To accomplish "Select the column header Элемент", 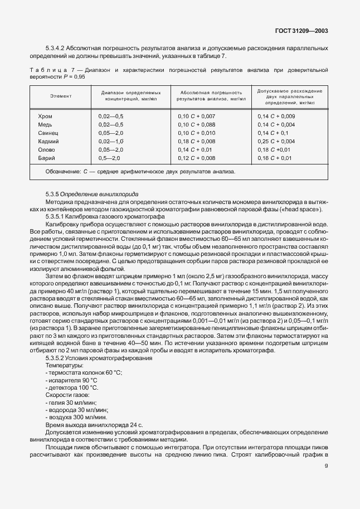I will tap(61, 96).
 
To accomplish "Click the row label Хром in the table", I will tap(45, 116).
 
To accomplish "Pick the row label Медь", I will tap(45, 124).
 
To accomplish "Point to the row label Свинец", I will tap(48, 133).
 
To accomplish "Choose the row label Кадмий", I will tap(48, 141).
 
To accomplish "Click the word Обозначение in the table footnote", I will tap(61, 172).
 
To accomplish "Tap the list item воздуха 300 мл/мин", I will tap(76, 417).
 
